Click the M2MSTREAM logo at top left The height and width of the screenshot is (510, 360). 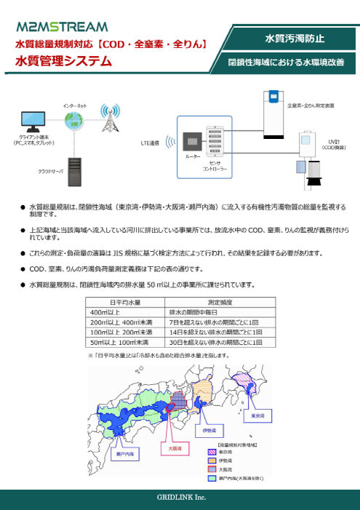(x=61, y=28)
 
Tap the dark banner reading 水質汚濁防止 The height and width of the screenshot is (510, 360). (x=295, y=37)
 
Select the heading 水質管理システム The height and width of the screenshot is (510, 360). (x=59, y=62)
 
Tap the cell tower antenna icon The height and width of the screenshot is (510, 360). (x=110, y=120)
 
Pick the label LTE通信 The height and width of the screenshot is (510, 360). (x=151, y=143)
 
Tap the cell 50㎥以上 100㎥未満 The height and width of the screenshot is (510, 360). (x=125, y=341)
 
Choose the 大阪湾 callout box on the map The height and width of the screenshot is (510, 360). (x=174, y=449)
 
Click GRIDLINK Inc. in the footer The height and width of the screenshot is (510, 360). (x=180, y=497)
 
